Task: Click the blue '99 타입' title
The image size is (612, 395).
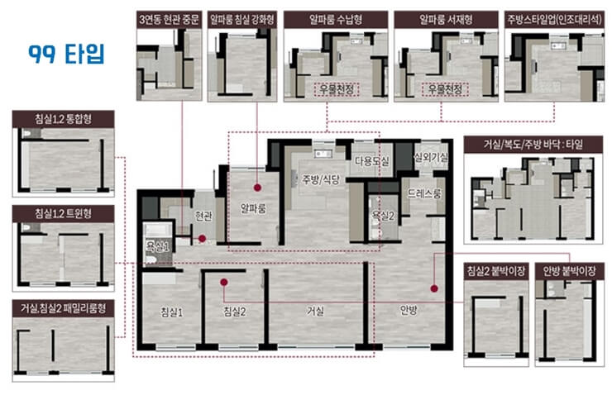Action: point(66,54)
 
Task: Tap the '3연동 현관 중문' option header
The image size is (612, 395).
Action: point(169,20)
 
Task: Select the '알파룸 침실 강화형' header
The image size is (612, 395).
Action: point(242,20)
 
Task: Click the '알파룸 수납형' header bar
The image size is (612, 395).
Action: point(336,20)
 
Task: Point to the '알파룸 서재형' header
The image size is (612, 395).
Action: point(446,20)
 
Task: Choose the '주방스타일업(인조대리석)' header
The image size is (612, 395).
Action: point(554,20)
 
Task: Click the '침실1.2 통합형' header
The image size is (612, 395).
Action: point(63,119)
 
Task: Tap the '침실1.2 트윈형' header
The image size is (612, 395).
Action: point(63,214)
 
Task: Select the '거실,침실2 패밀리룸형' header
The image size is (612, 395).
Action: point(63,308)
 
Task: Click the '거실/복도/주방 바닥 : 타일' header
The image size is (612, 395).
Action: point(533,145)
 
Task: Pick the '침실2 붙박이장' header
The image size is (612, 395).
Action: point(496,271)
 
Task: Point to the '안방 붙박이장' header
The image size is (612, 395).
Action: point(570,271)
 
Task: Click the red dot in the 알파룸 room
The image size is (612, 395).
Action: point(257,188)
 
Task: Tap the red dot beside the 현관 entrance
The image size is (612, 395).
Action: point(202,238)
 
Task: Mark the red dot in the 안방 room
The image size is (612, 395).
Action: point(434,288)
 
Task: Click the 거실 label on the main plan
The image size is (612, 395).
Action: point(315,312)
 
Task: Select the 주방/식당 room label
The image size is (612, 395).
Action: point(321,180)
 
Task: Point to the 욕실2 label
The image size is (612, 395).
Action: point(383,216)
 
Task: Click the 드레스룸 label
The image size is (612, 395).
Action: point(424,193)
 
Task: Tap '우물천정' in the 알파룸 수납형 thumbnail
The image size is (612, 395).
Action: point(337,89)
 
